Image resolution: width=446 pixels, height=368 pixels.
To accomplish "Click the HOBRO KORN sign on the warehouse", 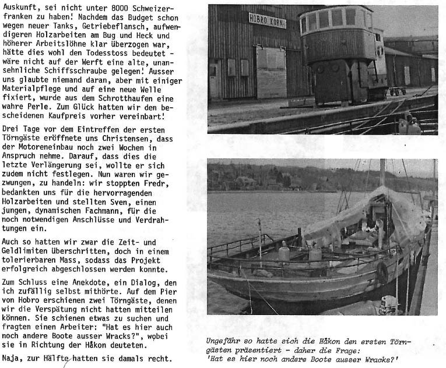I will pyautogui.click(x=267, y=20).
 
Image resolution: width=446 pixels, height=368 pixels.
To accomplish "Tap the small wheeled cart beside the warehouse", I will pyautogui.click(x=398, y=91).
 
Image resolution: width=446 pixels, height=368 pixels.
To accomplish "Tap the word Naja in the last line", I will pyautogui.click(x=13, y=359).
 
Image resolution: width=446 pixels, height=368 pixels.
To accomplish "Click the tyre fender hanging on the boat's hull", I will pyautogui.click(x=382, y=272).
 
